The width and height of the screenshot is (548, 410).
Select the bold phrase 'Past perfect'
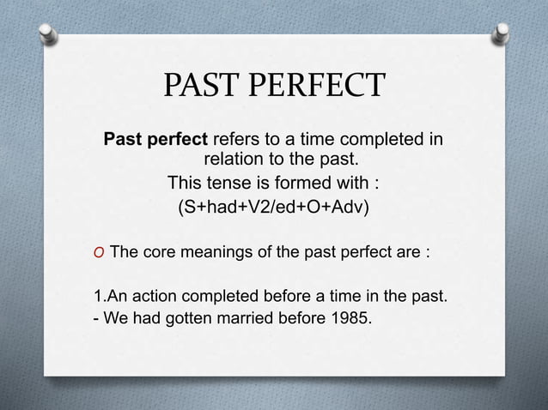pyautogui.click(x=155, y=140)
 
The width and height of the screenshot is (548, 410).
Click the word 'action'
pyautogui.click(x=160, y=298)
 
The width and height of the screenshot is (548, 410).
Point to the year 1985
pyautogui.click(x=355, y=322)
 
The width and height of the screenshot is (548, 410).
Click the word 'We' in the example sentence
pyautogui.click(x=114, y=322)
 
